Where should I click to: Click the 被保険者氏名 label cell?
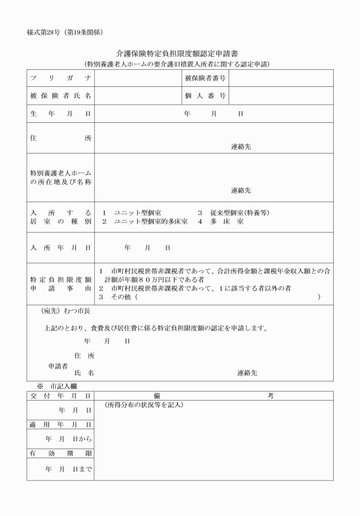click(x=60, y=95)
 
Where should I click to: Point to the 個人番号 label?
click(x=205, y=95)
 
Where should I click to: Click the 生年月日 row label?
click(x=60, y=114)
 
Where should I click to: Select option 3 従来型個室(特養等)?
click(x=233, y=213)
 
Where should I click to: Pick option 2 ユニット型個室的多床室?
click(x=145, y=221)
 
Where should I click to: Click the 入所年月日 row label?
click(x=60, y=248)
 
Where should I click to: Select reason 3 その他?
click(x=117, y=297)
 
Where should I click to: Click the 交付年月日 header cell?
click(x=60, y=395)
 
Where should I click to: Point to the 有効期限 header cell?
click(x=60, y=453)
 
